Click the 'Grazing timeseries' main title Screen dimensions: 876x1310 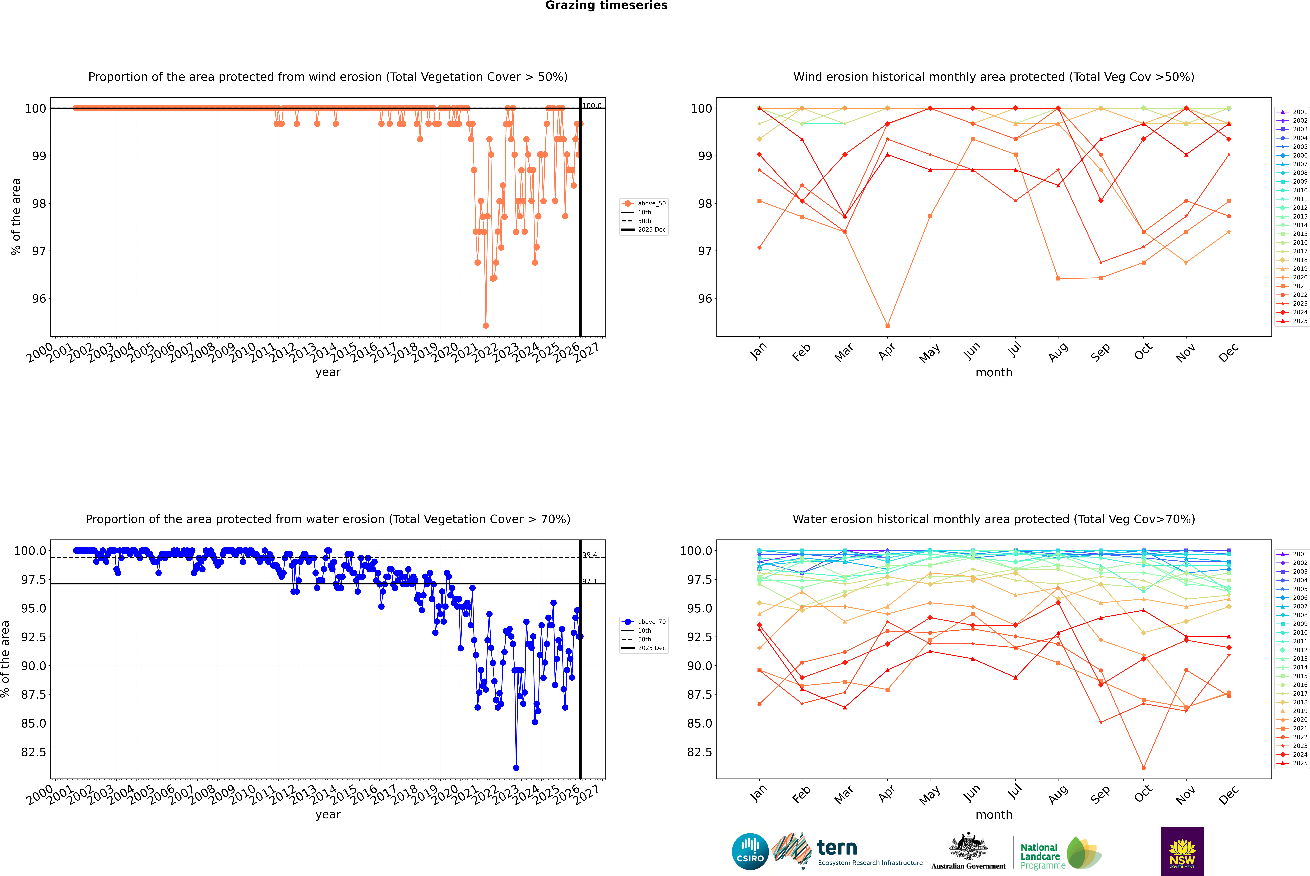606,6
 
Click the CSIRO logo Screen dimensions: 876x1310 750,851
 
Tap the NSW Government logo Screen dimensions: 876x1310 1182,851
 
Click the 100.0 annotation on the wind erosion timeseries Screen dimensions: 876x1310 592,106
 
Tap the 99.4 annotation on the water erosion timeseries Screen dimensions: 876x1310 590,555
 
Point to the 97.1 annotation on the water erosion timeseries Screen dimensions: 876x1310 590,581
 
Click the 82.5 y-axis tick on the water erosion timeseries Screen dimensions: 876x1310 34,752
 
